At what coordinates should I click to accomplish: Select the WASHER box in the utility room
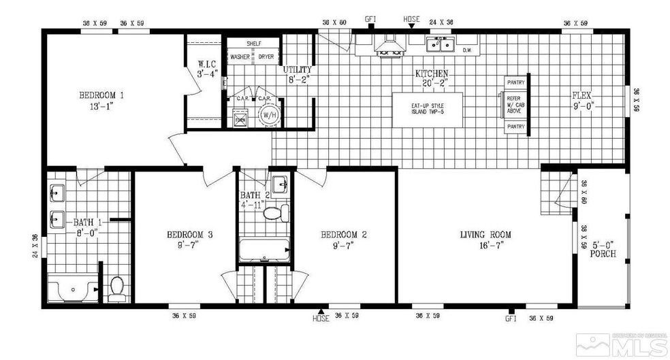point(240,57)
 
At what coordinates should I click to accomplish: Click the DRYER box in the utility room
point(266,57)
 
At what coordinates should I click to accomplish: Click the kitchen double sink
point(441,45)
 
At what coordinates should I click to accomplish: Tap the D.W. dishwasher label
point(468,50)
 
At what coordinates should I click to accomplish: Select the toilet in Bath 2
point(275,214)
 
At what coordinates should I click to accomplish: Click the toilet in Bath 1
point(117,289)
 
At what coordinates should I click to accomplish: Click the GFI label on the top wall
point(371,19)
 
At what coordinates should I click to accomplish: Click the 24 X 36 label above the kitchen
point(442,22)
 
